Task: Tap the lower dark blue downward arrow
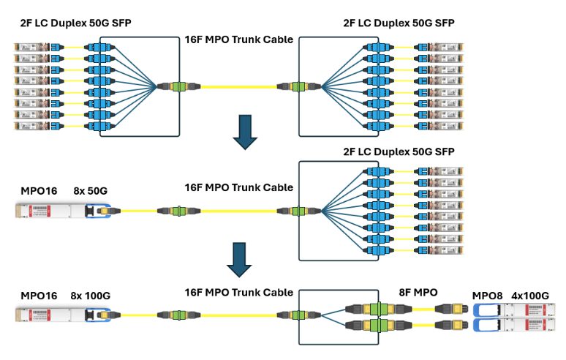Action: (238, 260)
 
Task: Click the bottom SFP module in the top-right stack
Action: (447, 126)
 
